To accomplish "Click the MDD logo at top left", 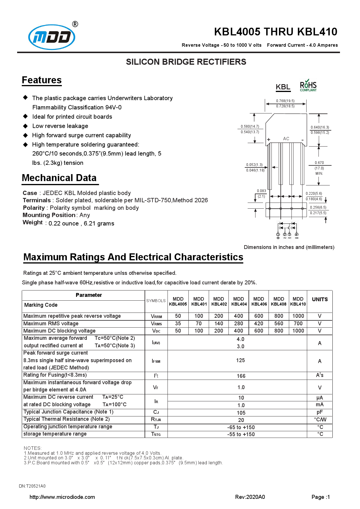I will pos(52,37).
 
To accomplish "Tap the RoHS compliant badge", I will pos(308,86).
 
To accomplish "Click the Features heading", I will pos(42,80).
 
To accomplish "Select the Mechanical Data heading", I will pos(59,178).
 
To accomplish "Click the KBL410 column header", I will pos(298,301).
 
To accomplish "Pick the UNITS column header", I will pos(320,299).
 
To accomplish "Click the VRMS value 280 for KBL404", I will pos(238,324).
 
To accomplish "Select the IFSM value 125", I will pos(240,360).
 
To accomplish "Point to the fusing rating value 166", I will pos(241,376).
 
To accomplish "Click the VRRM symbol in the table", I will pos(156,316).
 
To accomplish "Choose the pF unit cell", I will pos(320,412).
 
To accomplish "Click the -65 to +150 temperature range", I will pos(241,427).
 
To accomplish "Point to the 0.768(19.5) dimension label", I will pos(285,101).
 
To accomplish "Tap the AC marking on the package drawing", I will pos(286,139).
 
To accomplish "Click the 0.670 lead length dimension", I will pos(319,163).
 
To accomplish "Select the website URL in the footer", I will pos(62,497).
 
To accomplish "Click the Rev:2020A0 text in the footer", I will pos(250,497).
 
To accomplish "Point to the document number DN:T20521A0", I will pos(32,486).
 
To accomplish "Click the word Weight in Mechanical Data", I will pos(33,223).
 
